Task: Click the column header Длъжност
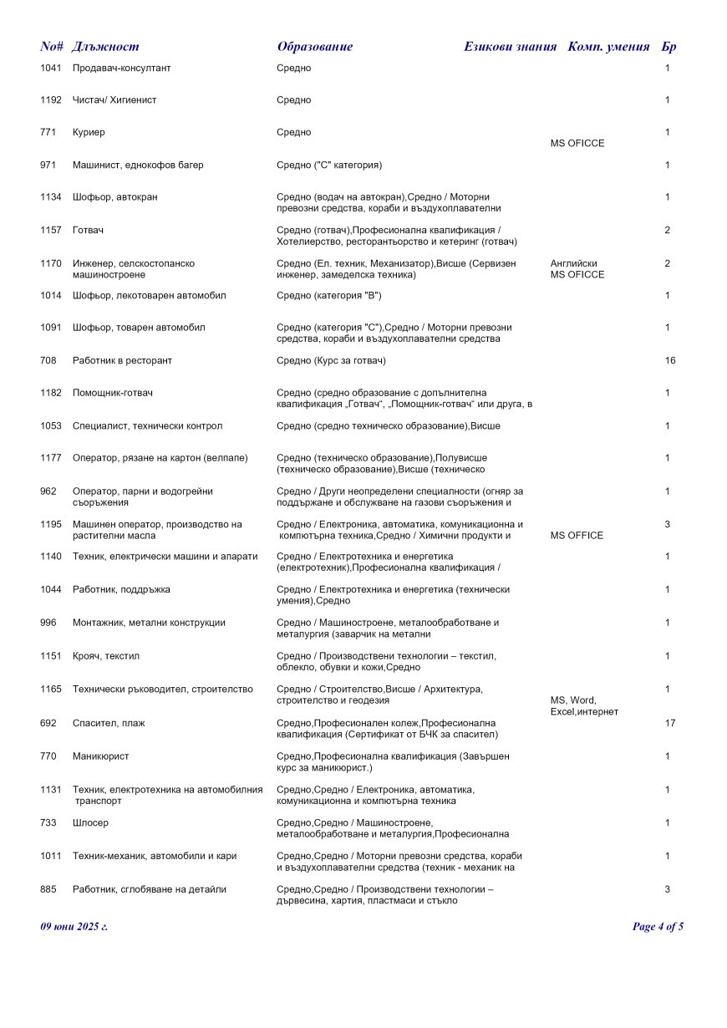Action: (105, 47)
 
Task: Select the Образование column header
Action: (314, 47)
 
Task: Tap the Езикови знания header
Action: (510, 47)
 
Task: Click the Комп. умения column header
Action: (608, 47)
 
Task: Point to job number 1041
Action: (51, 68)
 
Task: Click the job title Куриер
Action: (89, 132)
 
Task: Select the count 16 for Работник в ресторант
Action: (670, 360)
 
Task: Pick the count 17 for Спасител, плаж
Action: (670, 723)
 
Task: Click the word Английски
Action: (574, 263)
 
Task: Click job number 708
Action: (48, 360)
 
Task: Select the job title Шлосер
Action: (90, 822)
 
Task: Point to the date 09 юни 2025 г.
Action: (74, 926)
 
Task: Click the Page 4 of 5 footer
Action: (658, 926)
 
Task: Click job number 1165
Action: (51, 689)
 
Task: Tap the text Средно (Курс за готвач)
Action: (331, 360)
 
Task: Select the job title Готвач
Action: (88, 230)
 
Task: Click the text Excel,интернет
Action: (584, 711)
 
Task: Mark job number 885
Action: (48, 889)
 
